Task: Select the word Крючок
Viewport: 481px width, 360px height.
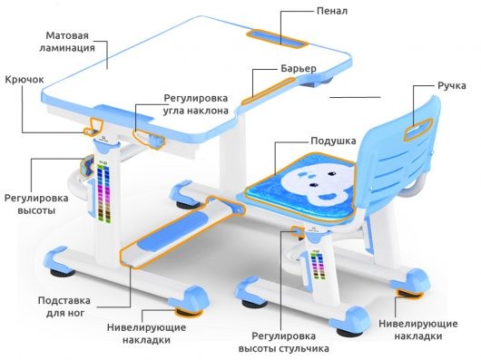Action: coord(24,80)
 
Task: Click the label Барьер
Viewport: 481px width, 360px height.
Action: coord(298,70)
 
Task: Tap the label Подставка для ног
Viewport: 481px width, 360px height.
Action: coord(64,306)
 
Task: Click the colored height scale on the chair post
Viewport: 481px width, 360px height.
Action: coord(316,264)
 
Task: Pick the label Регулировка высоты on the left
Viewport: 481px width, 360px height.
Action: coord(35,203)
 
